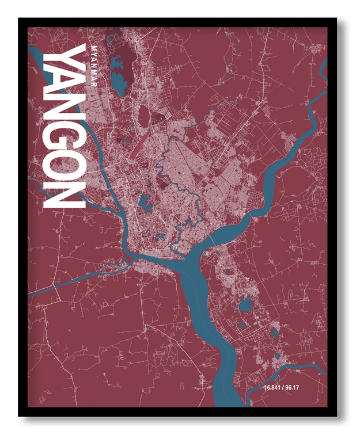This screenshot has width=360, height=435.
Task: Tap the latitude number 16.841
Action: (x=273, y=395)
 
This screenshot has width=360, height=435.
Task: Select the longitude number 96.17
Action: (x=299, y=395)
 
